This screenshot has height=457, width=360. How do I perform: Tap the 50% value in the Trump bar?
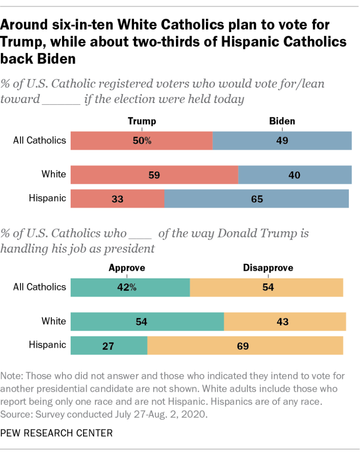[142, 141]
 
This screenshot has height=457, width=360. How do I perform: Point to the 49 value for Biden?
[282, 141]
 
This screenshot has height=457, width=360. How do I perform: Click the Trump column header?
[142, 121]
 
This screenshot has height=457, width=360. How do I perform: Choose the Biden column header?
[282, 121]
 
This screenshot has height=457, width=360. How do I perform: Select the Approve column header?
[127, 268]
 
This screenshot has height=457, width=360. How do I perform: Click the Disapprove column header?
[268, 268]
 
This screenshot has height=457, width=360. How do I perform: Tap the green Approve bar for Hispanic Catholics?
[109, 345]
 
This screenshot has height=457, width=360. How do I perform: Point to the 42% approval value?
[127, 287]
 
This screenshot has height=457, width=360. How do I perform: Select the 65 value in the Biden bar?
[257, 199]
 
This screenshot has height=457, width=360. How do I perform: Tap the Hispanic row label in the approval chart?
[47, 345]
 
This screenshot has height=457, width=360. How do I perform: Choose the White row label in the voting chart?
[54, 174]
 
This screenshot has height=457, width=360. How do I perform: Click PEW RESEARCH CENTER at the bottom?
[56, 432]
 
